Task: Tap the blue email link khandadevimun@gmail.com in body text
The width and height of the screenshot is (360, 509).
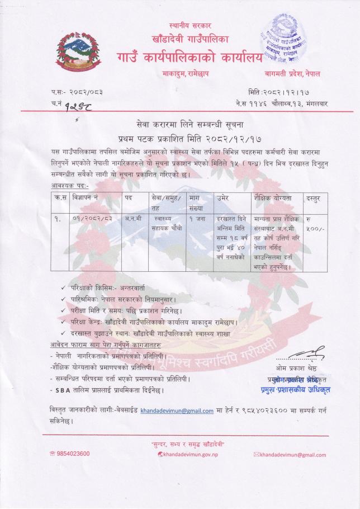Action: click(177, 411)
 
